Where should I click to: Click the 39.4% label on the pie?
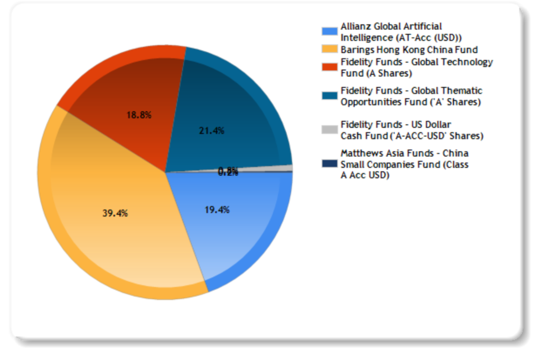(115, 213)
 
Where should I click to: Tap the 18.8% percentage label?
(138, 115)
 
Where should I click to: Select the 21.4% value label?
(211, 131)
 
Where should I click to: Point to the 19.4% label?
(217, 210)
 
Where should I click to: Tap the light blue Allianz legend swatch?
(330, 31)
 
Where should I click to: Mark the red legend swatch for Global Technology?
(330, 67)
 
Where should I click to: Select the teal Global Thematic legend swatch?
(330, 96)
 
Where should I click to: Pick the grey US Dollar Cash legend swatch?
(330, 129)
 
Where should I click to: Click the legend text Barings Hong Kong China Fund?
(409, 50)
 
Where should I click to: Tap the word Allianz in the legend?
(357, 26)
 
